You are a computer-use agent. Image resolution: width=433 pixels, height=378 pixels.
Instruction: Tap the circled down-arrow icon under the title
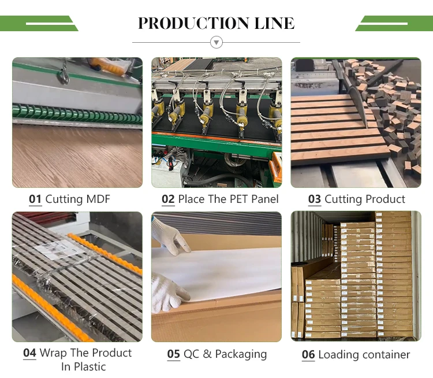click(x=216, y=42)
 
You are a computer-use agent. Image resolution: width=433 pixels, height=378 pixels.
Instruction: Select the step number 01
click(x=35, y=199)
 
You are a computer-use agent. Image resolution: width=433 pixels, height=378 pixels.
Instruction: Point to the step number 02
click(x=168, y=199)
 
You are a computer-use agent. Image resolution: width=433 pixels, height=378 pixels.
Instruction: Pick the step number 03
click(x=315, y=199)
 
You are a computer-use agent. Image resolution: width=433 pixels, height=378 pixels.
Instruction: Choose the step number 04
click(x=29, y=353)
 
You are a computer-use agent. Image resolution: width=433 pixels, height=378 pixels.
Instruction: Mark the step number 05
click(x=174, y=354)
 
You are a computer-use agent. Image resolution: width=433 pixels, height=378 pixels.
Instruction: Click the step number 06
click(x=308, y=354)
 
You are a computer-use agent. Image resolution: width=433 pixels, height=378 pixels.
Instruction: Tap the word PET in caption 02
click(x=240, y=199)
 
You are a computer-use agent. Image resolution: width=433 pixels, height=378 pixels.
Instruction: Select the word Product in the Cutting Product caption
click(x=385, y=199)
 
